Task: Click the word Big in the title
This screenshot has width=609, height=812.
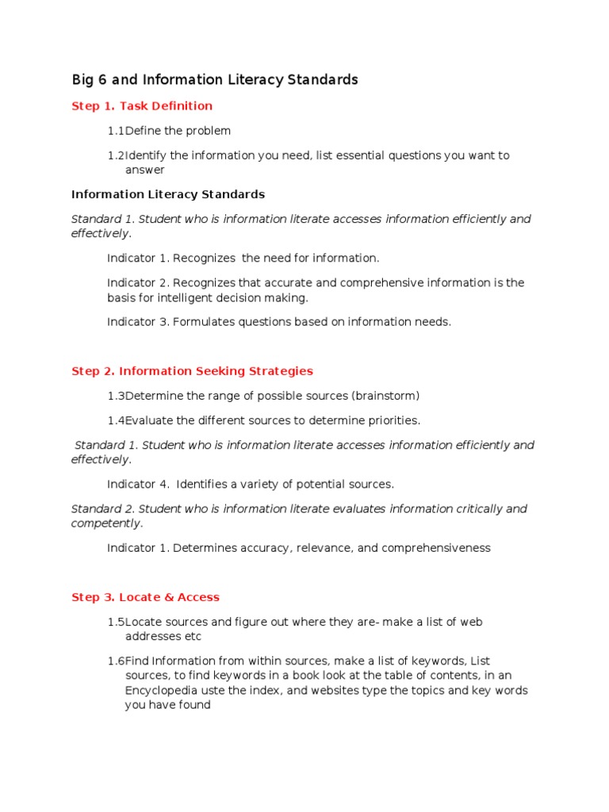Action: click(82, 80)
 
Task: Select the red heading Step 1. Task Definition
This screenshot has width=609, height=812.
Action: click(142, 106)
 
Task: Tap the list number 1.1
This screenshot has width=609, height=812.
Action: click(116, 131)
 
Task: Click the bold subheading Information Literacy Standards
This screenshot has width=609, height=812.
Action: click(168, 194)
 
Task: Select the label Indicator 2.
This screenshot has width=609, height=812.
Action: click(138, 283)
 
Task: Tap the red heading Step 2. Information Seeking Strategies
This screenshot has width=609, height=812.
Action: click(192, 371)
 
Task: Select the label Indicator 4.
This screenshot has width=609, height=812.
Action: click(138, 484)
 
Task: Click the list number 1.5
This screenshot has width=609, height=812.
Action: click(116, 622)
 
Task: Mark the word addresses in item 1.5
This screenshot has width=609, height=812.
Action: click(153, 637)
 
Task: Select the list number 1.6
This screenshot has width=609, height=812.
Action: click(116, 661)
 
